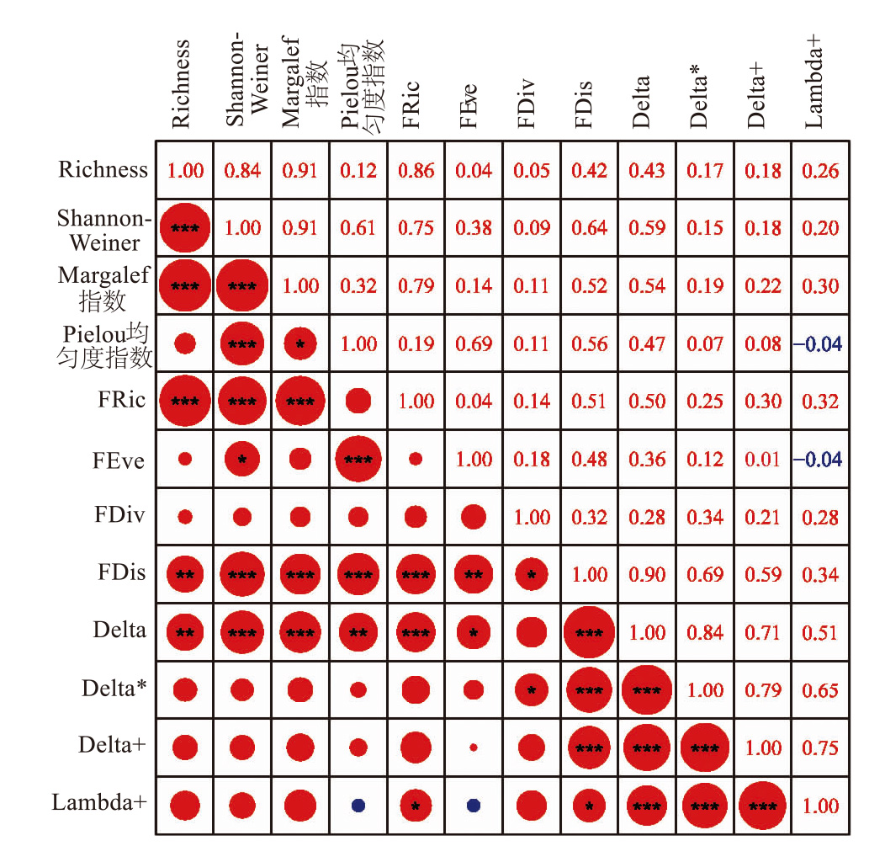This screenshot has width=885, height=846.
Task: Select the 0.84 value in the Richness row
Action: pos(242,170)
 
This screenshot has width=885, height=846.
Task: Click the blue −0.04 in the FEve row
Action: pos(817,460)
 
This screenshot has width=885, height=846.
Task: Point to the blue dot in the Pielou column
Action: pos(358,806)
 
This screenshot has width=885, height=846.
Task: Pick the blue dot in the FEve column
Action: pos(474,806)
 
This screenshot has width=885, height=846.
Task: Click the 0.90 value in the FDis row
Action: pos(647,575)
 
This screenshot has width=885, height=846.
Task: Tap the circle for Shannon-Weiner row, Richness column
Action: pos(185,228)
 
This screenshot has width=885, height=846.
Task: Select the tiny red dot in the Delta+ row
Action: pos(474,747)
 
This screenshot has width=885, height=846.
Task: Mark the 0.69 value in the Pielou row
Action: pos(474,343)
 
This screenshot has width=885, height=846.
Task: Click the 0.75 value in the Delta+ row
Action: pos(820,748)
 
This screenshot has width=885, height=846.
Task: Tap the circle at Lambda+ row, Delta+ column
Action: pos(763,806)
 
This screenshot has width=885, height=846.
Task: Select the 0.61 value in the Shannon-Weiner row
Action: pos(358,228)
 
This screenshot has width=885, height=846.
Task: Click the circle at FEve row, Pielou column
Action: pos(358,460)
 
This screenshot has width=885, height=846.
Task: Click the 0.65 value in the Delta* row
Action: pos(820,690)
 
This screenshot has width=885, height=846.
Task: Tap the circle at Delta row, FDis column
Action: pos(589,632)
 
